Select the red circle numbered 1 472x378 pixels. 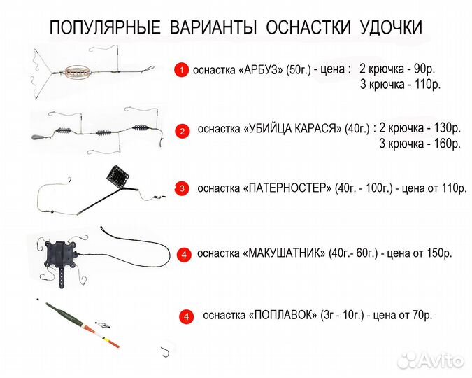pyautogui.click(x=181, y=70)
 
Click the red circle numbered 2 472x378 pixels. pyautogui.click(x=181, y=130)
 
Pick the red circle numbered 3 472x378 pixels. pyautogui.click(x=181, y=188)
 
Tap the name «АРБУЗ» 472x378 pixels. pyautogui.click(x=260, y=71)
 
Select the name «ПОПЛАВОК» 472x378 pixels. pyautogui.click(x=282, y=316)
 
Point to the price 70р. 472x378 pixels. pyautogui.click(x=418, y=316)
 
